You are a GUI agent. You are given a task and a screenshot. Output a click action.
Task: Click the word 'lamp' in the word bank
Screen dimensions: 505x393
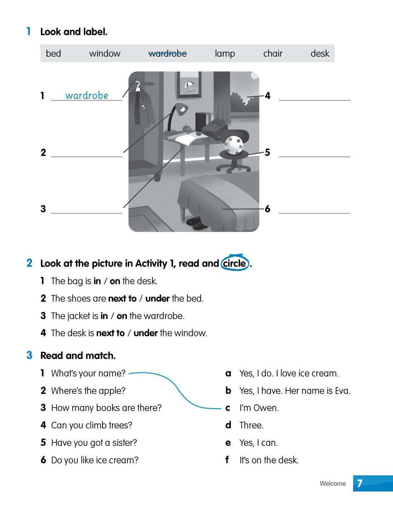pos(225,53)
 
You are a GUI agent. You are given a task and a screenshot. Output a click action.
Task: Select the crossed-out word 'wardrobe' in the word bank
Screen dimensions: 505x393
pos(167,53)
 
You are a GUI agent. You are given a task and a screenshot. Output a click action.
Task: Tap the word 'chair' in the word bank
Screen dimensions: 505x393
pos(272,53)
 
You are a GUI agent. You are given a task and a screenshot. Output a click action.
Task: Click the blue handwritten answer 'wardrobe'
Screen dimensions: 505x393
pos(87,95)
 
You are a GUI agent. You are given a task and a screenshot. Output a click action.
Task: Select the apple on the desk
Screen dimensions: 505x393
pos(187,127)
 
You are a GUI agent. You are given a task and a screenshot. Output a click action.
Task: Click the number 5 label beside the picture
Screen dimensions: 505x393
pos(268,152)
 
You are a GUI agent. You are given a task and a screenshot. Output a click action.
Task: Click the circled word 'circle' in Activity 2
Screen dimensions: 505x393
pos(234,263)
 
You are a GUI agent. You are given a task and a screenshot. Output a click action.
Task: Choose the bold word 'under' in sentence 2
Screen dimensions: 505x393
pos(157,298)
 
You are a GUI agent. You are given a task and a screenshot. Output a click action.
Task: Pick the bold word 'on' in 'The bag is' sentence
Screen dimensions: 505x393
pos(115,281)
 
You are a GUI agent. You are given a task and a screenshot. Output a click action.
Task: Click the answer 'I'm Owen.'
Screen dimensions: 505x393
pos(259,408)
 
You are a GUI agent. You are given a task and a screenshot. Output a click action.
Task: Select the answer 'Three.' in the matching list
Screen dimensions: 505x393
pos(251,425)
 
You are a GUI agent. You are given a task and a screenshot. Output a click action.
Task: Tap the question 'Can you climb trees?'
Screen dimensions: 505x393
pos(91,425)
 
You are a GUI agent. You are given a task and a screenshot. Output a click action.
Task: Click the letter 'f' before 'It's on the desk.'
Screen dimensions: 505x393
pos(227,459)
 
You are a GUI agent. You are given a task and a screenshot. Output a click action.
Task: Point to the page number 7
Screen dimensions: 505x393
pos(360,484)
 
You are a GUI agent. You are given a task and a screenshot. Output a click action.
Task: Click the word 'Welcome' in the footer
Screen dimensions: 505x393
pos(333,484)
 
